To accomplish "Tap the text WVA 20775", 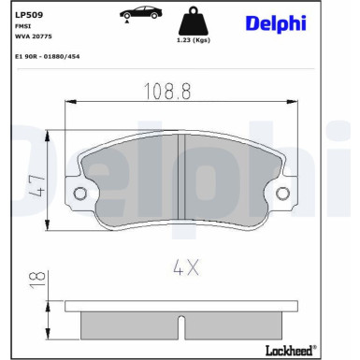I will (34, 38).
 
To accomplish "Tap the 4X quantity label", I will (184, 267).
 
